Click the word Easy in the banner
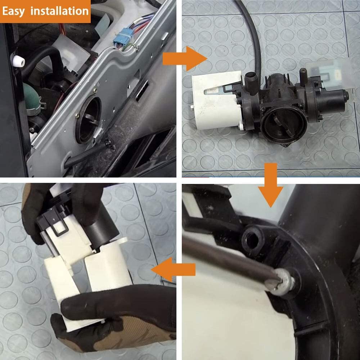click(14, 11)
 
